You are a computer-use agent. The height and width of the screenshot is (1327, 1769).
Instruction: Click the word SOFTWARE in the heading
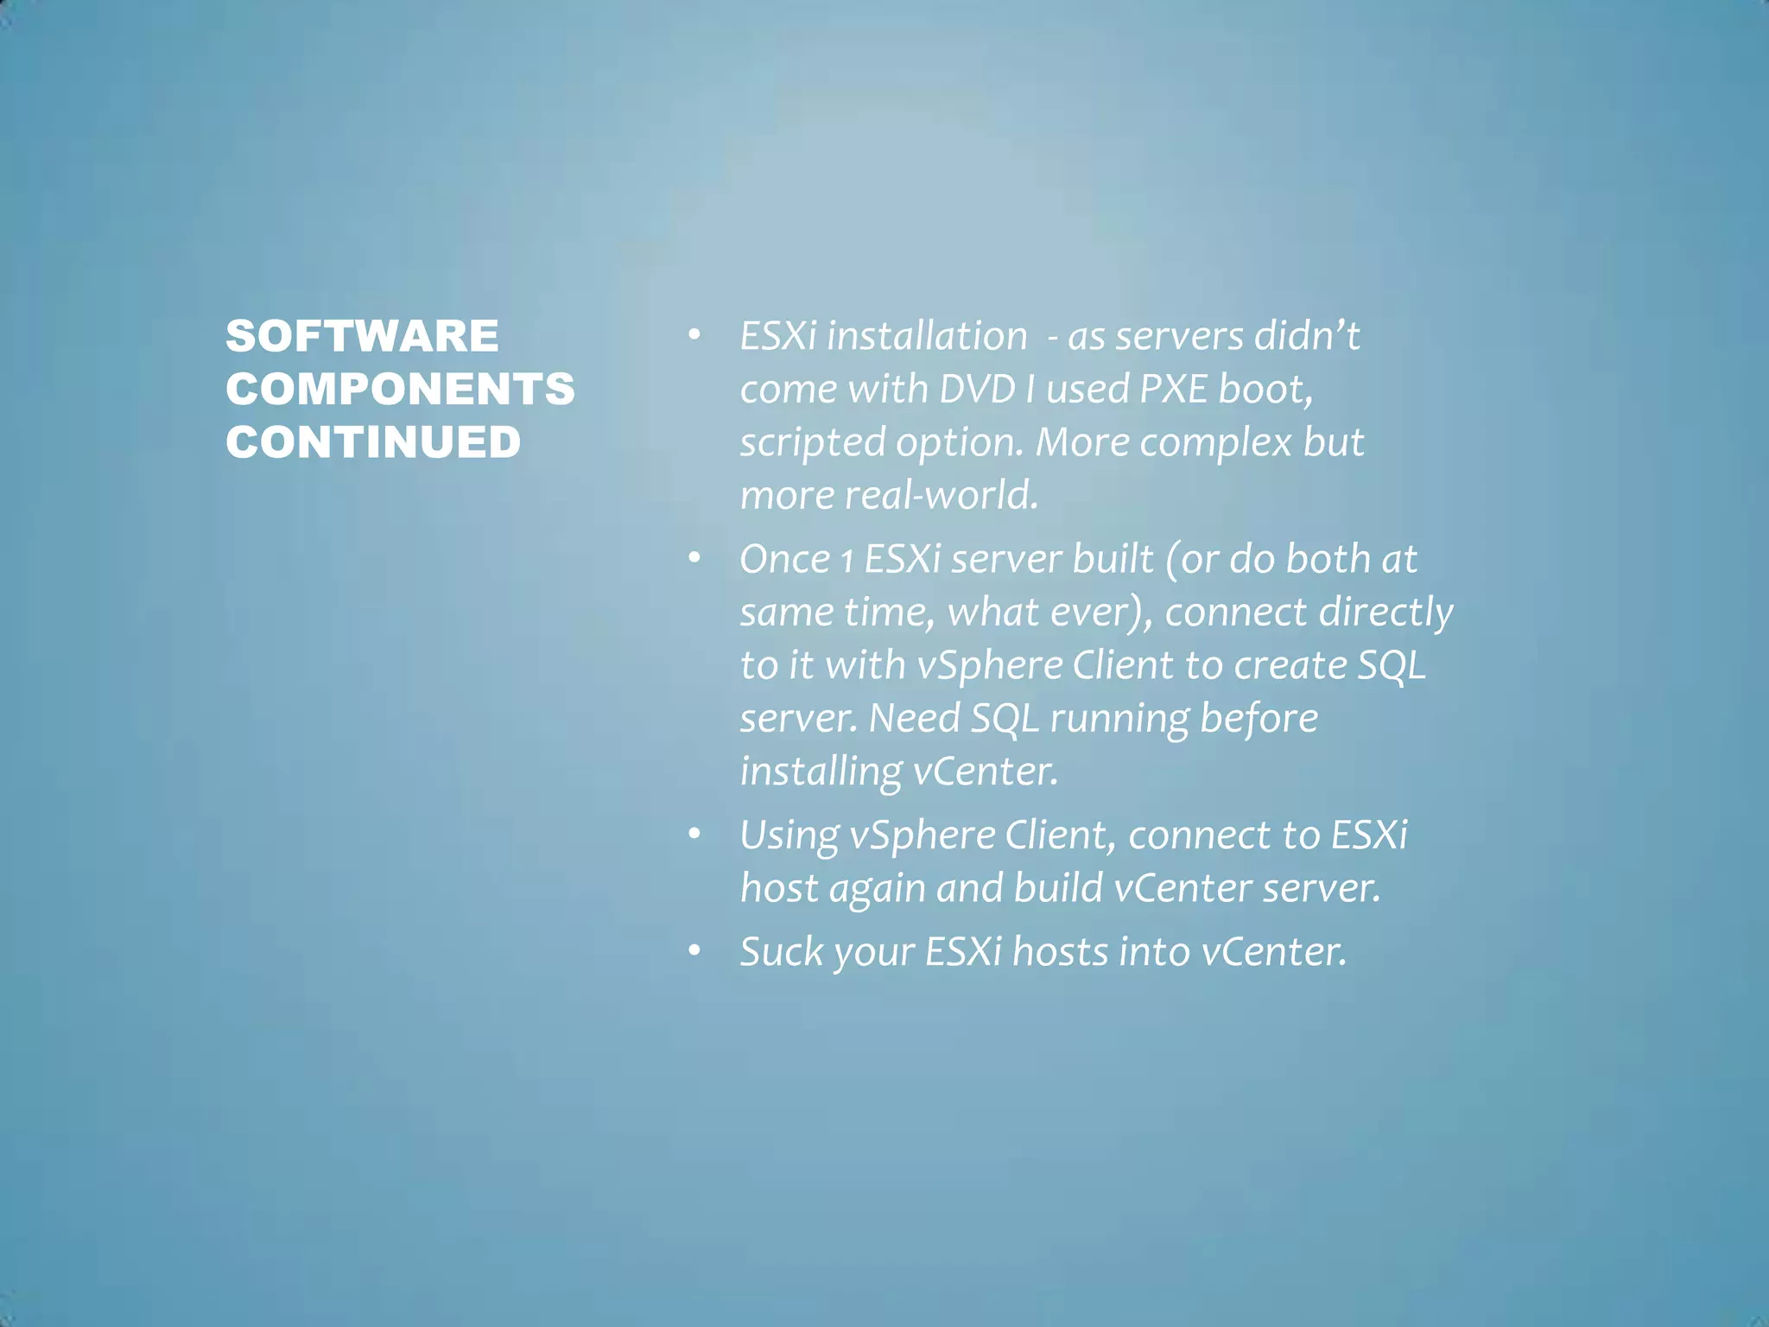tap(362, 336)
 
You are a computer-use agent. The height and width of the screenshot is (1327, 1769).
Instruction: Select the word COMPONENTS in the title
tap(400, 389)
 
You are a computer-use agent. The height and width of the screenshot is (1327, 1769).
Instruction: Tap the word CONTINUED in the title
tap(373, 442)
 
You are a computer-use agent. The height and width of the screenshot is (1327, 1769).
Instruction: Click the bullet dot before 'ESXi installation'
tap(694, 335)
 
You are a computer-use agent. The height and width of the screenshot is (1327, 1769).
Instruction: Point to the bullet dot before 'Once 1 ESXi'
tap(694, 558)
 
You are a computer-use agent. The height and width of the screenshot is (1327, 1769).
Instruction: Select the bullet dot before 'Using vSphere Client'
tap(694, 834)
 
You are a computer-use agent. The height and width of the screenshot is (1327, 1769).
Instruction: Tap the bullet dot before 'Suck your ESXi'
tap(694, 950)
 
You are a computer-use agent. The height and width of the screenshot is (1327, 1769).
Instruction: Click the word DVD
tap(976, 389)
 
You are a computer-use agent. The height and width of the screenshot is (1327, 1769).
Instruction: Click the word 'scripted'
tap(812, 442)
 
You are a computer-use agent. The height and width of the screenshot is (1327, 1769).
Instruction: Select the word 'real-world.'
tap(941, 495)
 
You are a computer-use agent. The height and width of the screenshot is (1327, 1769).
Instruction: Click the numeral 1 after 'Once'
tap(847, 560)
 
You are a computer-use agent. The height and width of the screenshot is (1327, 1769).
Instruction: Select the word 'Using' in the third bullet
tap(789, 835)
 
